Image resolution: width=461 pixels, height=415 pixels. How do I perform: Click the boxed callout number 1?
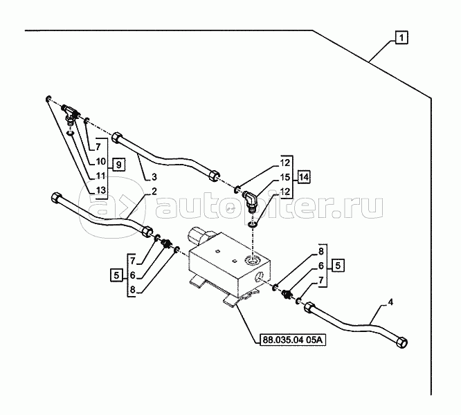pyautogui.click(x=401, y=38)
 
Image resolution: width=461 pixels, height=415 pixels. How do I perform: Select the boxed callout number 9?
pyautogui.click(x=118, y=165)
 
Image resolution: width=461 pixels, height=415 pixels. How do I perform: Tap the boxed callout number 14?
pyautogui.click(x=304, y=177)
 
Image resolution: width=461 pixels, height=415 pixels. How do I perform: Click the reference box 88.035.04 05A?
pyautogui.click(x=293, y=340)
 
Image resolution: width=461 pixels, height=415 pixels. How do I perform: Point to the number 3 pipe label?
pyautogui.click(x=154, y=177)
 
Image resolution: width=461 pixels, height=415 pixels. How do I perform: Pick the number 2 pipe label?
pyautogui.click(x=154, y=192)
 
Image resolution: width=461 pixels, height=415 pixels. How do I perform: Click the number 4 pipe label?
pyautogui.click(x=390, y=302)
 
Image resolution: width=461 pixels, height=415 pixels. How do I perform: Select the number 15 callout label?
pyautogui.click(x=285, y=177)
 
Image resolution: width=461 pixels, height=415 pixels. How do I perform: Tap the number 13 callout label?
pyautogui.click(x=100, y=190)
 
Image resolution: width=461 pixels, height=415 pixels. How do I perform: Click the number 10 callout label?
pyautogui.click(x=100, y=161)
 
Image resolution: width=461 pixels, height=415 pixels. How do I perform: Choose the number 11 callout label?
pyautogui.click(x=100, y=176)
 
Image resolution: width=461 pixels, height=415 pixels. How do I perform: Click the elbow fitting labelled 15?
pyautogui.click(x=249, y=201)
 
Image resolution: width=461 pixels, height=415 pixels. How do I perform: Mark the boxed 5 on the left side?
pyautogui.click(x=117, y=275)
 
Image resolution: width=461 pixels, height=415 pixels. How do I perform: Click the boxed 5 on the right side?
pyautogui.click(x=338, y=266)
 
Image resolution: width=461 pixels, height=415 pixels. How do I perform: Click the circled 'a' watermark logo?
pyautogui.click(x=112, y=207)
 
